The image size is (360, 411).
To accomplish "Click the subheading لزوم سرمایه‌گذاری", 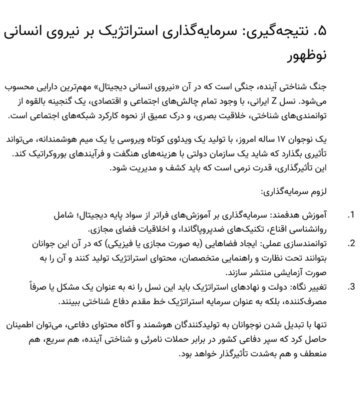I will click(294, 192).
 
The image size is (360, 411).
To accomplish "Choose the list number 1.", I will click(352, 215).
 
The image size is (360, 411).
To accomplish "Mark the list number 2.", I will click(352, 243).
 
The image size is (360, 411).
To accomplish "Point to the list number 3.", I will click(352, 286).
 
